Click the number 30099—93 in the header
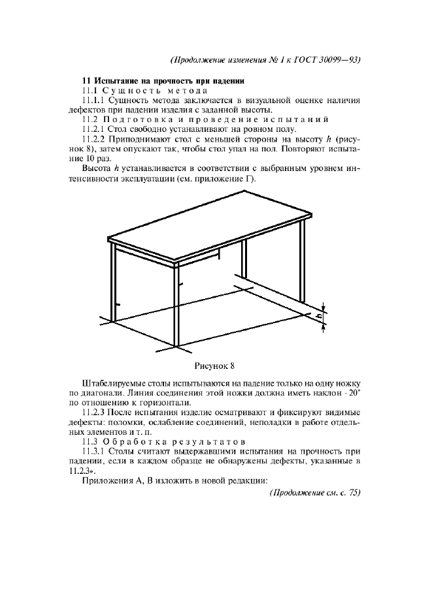pos(338,59)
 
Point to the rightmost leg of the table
pos(303,268)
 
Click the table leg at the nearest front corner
pos(175,307)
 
